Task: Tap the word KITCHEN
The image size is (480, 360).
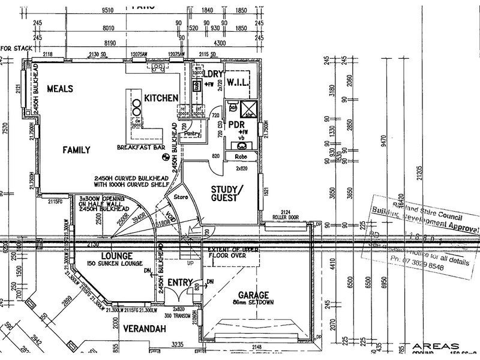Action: click(161, 98)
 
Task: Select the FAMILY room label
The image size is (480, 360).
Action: click(77, 150)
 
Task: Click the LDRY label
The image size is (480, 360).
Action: click(214, 74)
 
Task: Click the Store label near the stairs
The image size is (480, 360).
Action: click(181, 196)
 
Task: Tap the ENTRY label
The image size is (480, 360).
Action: click(179, 282)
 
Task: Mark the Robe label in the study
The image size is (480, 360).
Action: click(241, 157)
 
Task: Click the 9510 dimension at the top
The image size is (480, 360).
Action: click(109, 11)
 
